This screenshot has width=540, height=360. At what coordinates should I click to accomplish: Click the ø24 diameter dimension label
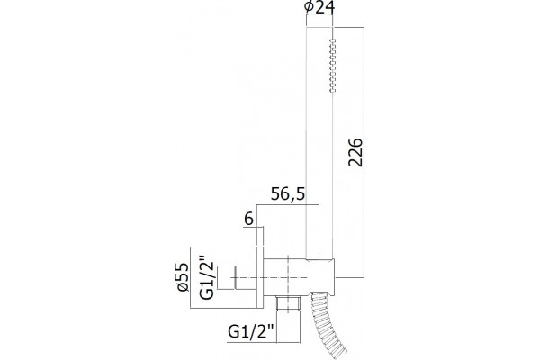coord(319,7)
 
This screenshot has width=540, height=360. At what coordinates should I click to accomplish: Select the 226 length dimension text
coord(355,153)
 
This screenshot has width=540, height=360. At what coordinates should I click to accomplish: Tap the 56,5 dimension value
coord(288,194)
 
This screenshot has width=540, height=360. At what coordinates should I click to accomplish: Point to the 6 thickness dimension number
coord(248,219)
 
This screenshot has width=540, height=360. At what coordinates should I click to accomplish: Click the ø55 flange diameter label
coord(184,277)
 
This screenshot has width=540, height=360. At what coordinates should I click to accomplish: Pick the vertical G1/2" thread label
coord(207,277)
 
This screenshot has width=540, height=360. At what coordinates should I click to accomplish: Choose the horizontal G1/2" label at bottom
coord(251,332)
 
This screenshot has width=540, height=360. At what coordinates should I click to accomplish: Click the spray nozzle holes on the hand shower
coord(332,66)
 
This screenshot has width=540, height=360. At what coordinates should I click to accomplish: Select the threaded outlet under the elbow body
coord(288,303)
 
